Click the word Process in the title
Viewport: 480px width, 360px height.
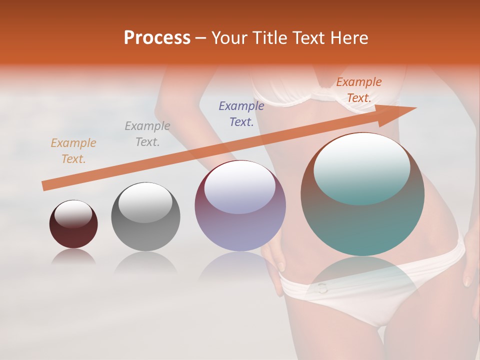(157, 38)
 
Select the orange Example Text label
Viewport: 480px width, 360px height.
(358, 90)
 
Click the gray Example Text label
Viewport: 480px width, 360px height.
(147, 134)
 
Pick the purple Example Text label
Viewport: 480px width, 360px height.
(241, 114)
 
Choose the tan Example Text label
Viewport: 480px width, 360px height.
(73, 151)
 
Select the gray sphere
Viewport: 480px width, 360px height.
(145, 225)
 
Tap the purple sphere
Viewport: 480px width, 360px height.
(240, 225)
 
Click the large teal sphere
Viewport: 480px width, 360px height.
(362, 220)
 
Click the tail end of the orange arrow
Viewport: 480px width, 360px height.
(44, 186)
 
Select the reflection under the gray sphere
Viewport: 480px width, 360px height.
(145, 262)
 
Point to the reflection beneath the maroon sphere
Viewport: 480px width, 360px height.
(73, 256)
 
